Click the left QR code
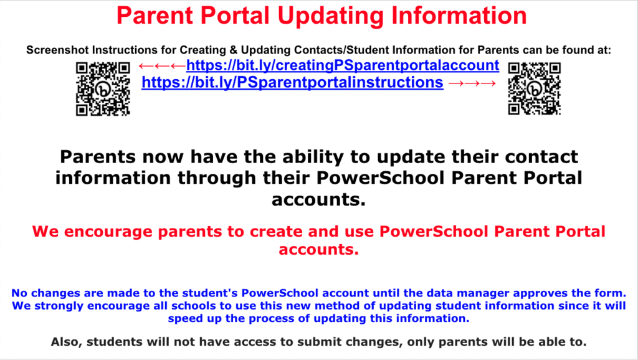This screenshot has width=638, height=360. click(103, 89)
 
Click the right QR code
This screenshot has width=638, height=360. click(535, 89)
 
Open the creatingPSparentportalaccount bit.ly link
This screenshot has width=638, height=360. click(342, 65)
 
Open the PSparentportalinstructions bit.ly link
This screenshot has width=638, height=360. click(292, 82)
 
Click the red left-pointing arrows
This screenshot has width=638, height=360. click(161, 66)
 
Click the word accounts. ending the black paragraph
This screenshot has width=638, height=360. click(318, 200)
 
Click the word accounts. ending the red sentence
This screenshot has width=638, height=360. click(318, 250)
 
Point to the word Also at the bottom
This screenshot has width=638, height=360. click(65, 341)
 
